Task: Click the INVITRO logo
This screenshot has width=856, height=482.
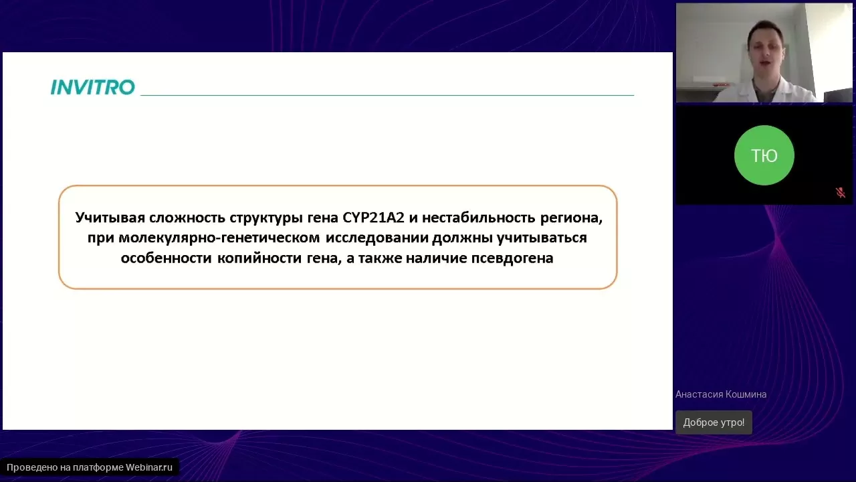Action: click(93, 87)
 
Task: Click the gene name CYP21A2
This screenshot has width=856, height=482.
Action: click(373, 218)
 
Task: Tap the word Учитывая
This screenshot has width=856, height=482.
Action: click(110, 218)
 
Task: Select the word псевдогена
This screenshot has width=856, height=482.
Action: click(512, 258)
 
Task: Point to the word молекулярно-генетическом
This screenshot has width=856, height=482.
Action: click(219, 238)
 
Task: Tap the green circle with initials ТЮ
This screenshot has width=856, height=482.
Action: click(764, 155)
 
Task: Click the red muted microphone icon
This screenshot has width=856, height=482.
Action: click(840, 192)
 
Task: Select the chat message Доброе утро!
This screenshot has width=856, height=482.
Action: click(714, 422)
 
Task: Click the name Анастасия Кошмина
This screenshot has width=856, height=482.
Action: click(721, 394)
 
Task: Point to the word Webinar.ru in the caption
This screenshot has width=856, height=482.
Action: click(149, 467)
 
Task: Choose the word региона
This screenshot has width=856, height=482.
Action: click(571, 218)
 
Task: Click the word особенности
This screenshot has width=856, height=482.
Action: click(167, 258)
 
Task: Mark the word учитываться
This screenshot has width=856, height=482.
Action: click(542, 238)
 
